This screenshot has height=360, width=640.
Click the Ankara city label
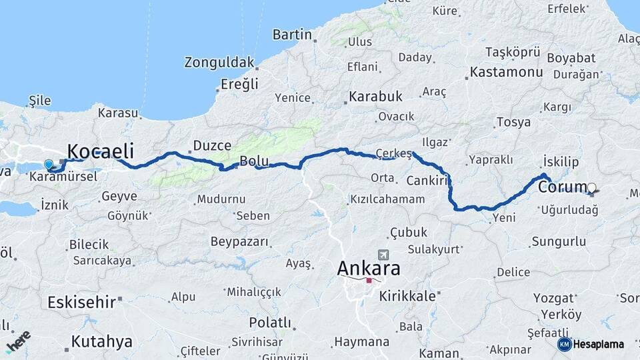[x=369, y=269]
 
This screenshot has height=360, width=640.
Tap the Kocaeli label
[x=101, y=150]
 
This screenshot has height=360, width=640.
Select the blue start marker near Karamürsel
[x=48, y=164]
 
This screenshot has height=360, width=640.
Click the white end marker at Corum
[x=591, y=187]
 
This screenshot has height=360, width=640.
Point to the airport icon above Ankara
[x=383, y=255]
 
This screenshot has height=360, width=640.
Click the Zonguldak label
[x=219, y=63]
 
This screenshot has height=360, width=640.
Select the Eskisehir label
[x=81, y=302]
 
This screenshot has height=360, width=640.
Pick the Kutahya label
[x=101, y=342]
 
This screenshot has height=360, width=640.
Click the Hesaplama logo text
[x=598, y=344]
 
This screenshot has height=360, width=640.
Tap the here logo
[x=18, y=341]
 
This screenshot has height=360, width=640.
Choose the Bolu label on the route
[x=254, y=161]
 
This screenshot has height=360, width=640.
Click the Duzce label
[x=212, y=145]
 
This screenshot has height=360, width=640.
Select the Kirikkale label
[x=407, y=295]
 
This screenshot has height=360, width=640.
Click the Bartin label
[x=292, y=35]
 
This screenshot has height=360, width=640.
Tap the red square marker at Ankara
[x=369, y=281]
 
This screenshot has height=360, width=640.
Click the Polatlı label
[x=270, y=323]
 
